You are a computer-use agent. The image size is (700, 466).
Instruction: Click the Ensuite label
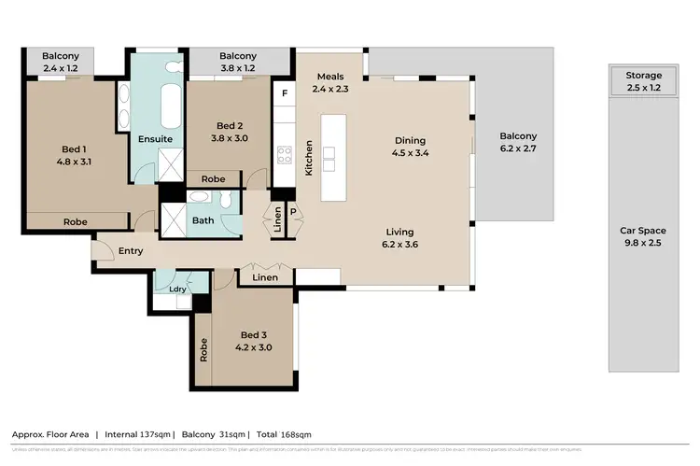(154, 139)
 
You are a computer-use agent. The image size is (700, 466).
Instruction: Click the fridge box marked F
(284, 93)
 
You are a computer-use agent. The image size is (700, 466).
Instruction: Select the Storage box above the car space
(644, 81)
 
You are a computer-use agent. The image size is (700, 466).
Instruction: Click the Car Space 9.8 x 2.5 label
(644, 236)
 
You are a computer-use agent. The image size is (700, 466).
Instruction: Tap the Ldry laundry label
(177, 289)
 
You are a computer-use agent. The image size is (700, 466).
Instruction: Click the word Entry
(130, 251)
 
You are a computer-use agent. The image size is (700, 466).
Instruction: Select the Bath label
(203, 221)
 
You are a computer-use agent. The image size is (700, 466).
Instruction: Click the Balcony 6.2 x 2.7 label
(518, 142)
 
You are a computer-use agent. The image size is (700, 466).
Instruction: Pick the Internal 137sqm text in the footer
(137, 434)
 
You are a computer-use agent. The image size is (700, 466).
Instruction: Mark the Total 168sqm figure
(285, 434)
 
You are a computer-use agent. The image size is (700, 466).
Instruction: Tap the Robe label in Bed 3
(203, 348)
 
